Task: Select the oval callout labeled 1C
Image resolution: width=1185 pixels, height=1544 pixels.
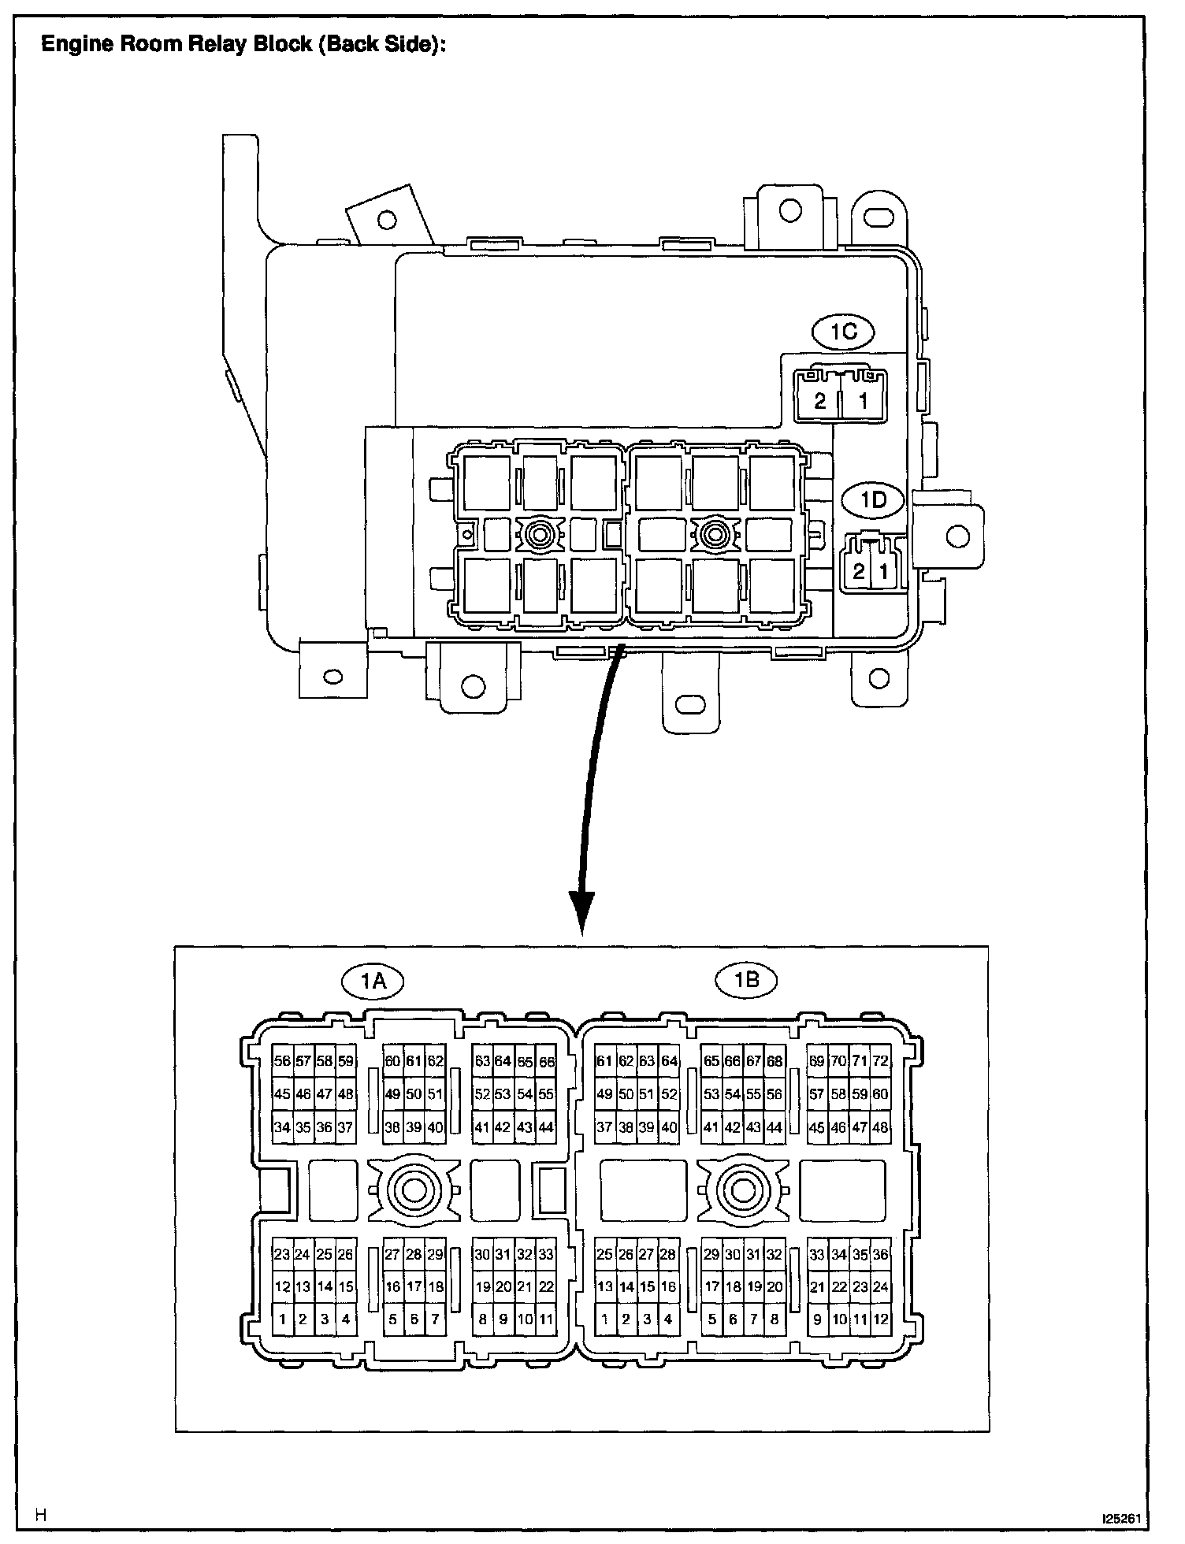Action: (843, 332)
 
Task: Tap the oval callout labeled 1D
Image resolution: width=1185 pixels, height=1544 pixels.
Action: (872, 499)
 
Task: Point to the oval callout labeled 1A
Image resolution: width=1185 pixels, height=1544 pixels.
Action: (373, 981)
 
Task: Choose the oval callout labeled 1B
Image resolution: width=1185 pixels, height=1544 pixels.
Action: (745, 979)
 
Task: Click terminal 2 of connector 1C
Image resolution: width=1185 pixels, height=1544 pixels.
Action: (820, 401)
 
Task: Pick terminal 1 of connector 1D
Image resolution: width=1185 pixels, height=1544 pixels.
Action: (884, 571)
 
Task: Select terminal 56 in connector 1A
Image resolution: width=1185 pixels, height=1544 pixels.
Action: (282, 1061)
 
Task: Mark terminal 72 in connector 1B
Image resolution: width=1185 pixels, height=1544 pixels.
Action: (880, 1061)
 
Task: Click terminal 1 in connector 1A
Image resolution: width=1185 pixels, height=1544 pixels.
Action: (282, 1319)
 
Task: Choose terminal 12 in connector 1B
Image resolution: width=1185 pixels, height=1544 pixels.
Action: (880, 1319)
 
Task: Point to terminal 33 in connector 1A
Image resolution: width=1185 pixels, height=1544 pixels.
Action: (546, 1255)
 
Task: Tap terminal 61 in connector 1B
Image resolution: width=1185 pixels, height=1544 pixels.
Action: (604, 1061)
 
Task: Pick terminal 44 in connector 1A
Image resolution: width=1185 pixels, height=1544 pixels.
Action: (546, 1127)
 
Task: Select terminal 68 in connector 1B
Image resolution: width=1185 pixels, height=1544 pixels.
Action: (775, 1061)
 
